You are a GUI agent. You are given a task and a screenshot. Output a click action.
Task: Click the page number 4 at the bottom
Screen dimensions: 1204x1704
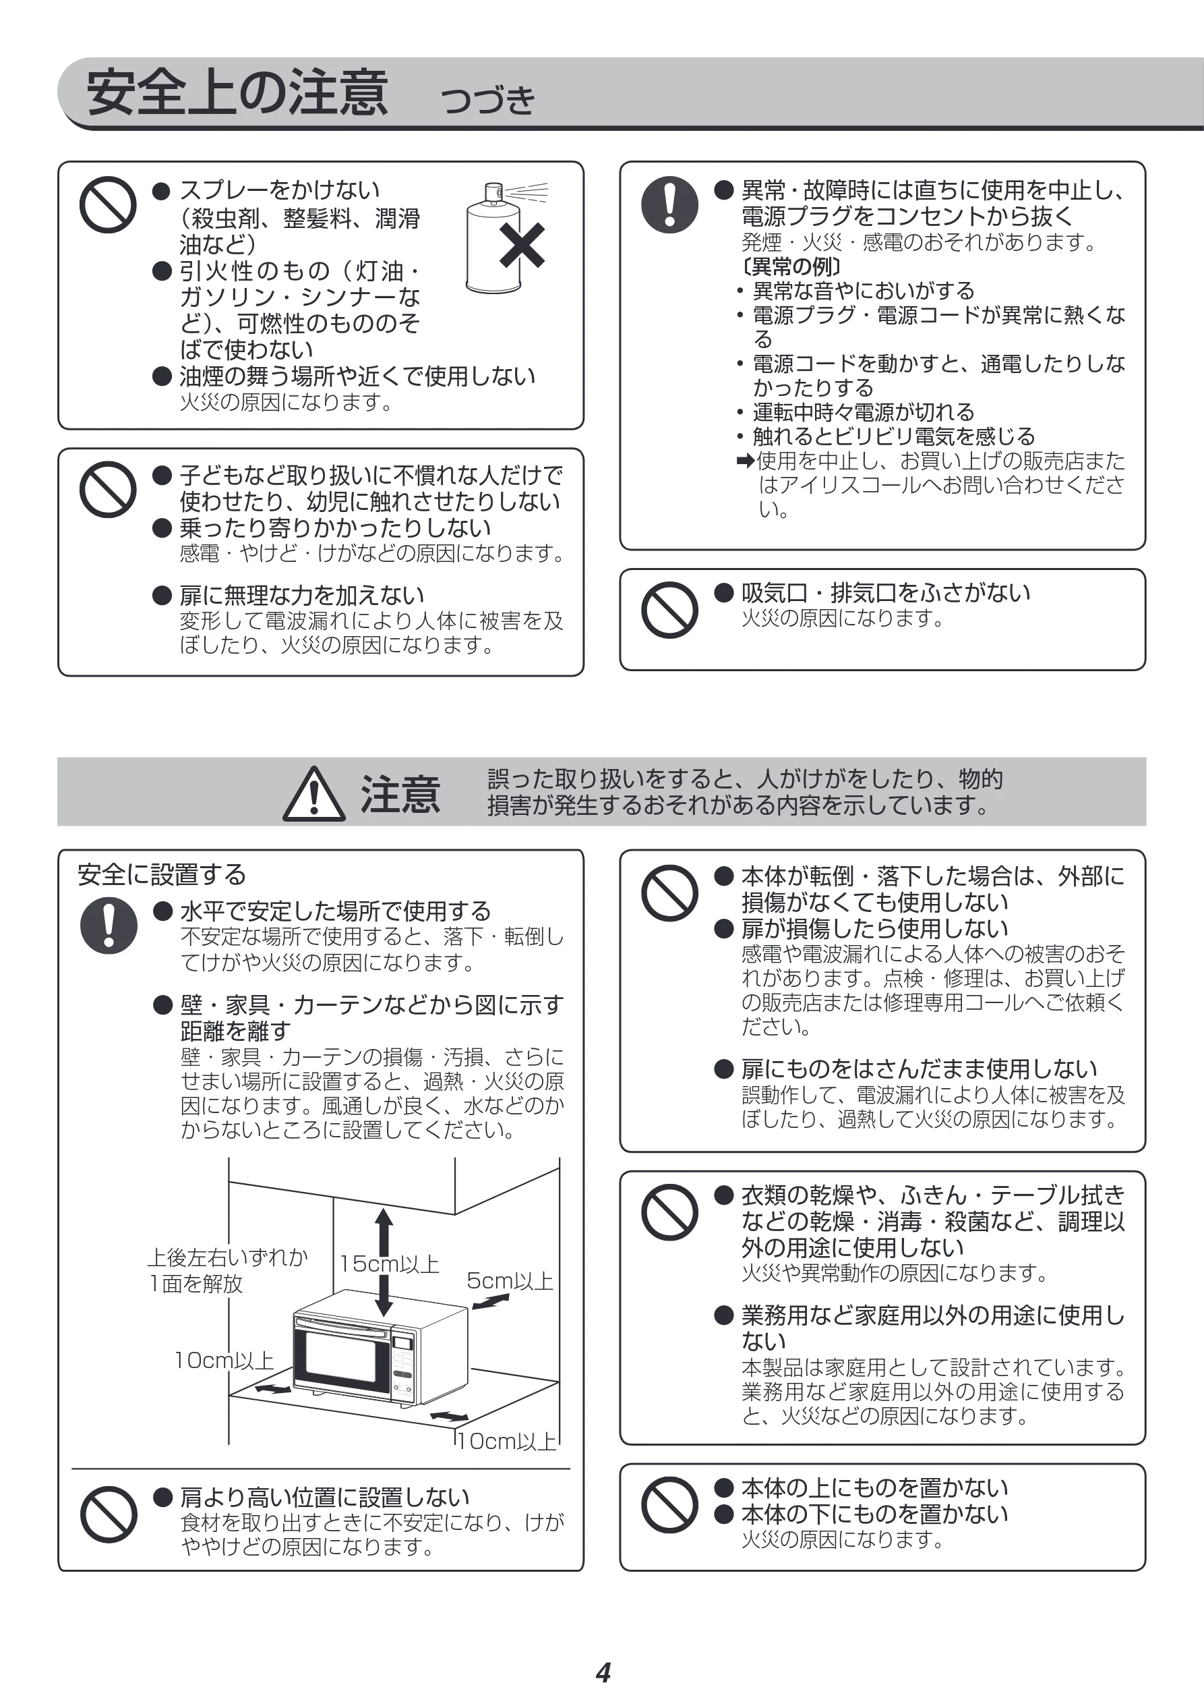603,1672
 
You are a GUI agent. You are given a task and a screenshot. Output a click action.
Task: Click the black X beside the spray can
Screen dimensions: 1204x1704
522,245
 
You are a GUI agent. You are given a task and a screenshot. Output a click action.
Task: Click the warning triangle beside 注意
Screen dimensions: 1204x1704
313,793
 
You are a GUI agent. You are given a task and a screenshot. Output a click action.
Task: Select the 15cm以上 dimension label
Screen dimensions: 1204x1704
390,1263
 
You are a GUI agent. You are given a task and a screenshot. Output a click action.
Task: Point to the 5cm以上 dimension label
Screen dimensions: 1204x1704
510,1280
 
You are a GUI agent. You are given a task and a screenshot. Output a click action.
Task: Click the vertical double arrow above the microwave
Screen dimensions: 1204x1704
384,1261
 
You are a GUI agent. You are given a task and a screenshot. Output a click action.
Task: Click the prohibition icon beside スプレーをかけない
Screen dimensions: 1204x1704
108,204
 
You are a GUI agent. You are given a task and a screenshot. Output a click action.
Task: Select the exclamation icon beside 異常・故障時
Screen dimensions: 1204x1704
670,204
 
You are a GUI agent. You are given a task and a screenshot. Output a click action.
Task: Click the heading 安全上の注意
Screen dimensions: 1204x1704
237,93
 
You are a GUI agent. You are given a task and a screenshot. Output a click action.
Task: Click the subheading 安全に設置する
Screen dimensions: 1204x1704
162,874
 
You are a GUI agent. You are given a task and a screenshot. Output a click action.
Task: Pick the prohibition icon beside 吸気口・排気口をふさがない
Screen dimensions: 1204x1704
670,609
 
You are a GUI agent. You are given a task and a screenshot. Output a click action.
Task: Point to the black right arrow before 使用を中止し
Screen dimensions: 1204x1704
746,461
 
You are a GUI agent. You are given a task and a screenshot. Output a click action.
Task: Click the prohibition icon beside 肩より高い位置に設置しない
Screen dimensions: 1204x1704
109,1514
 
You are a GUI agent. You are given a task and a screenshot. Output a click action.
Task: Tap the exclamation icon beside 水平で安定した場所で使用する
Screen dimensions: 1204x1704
109,926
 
